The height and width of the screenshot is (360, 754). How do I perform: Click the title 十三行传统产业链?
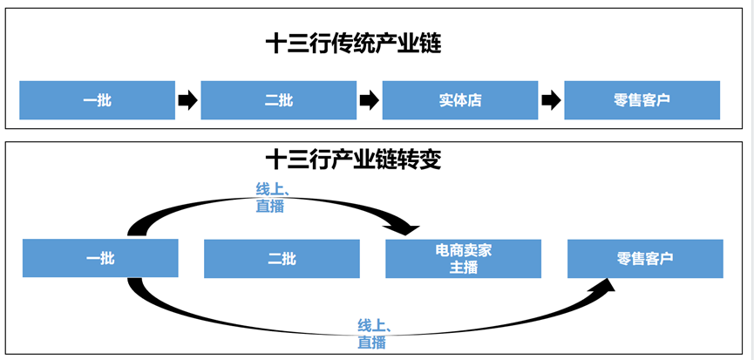click(x=353, y=44)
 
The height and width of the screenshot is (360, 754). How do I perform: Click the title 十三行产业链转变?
click(x=353, y=160)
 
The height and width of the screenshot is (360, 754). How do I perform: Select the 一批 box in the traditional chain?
click(x=97, y=100)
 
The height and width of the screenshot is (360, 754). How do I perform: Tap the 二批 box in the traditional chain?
click(x=278, y=100)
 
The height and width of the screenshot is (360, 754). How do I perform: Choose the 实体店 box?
click(x=460, y=100)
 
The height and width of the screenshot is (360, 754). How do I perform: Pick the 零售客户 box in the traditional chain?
click(x=642, y=100)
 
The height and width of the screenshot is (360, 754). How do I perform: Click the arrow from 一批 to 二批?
click(x=187, y=100)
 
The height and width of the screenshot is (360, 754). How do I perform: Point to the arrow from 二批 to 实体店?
click(x=370, y=100)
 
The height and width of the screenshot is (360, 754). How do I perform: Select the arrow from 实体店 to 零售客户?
click(x=551, y=100)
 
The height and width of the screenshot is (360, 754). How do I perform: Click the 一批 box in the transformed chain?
click(x=100, y=258)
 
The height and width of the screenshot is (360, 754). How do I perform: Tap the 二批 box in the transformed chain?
click(x=282, y=259)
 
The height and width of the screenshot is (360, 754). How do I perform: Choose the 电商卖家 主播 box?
click(x=464, y=259)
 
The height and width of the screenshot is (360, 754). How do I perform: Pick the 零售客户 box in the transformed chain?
click(x=645, y=259)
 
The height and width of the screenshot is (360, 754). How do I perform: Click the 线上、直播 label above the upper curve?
click(x=272, y=198)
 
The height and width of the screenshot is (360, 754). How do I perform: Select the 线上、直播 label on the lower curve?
click(x=374, y=334)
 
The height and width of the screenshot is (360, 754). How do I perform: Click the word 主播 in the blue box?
click(x=464, y=268)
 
